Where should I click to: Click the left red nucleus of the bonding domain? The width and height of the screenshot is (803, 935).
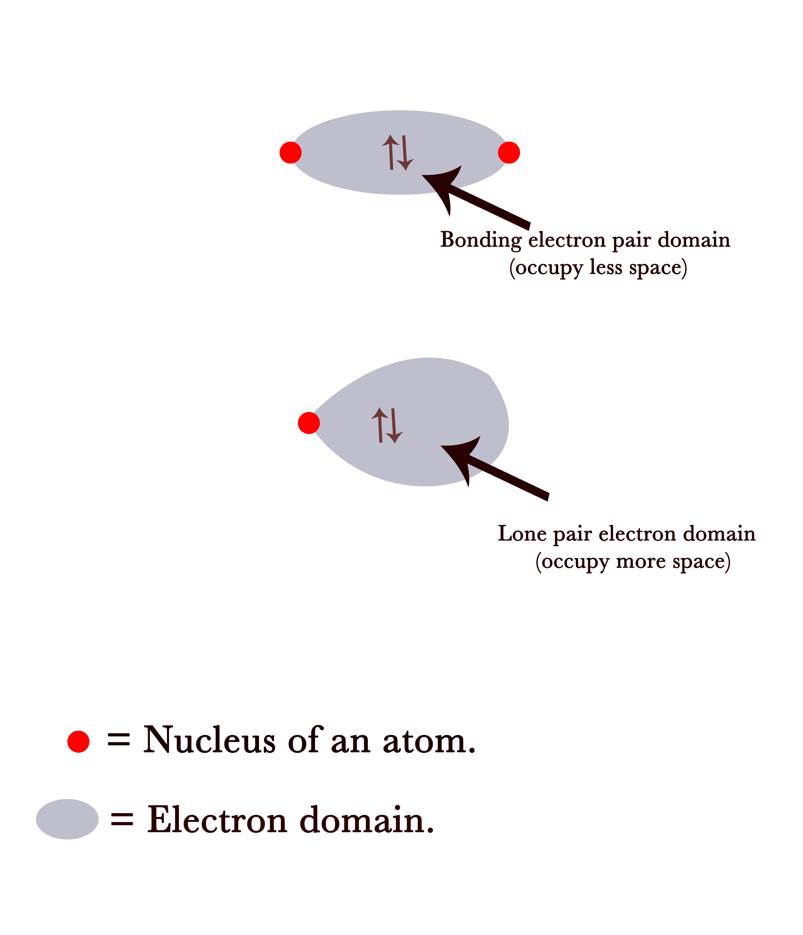pyautogui.click(x=290, y=152)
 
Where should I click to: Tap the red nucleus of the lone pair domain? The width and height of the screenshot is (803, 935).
pyautogui.click(x=309, y=423)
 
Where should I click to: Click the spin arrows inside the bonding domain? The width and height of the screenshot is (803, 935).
pyautogui.click(x=398, y=152)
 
